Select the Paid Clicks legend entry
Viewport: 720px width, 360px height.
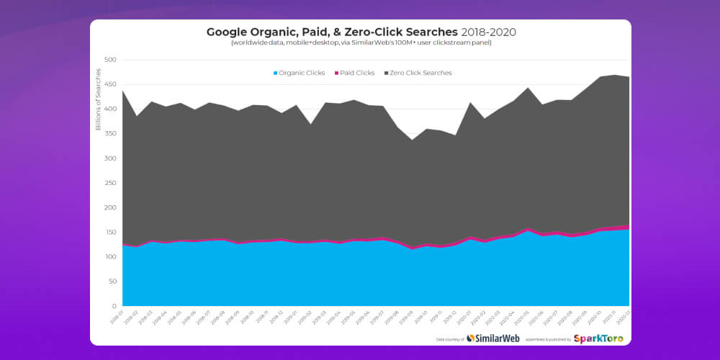(356, 73)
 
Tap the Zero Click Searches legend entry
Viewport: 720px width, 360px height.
(420, 73)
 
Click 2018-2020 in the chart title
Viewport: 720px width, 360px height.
(488, 32)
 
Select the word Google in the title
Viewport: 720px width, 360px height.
(230, 32)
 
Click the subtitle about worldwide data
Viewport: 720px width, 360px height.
(361, 43)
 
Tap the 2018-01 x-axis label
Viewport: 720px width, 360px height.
(117, 317)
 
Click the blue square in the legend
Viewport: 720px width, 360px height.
(276, 73)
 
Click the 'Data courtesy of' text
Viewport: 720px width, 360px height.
(450, 339)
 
